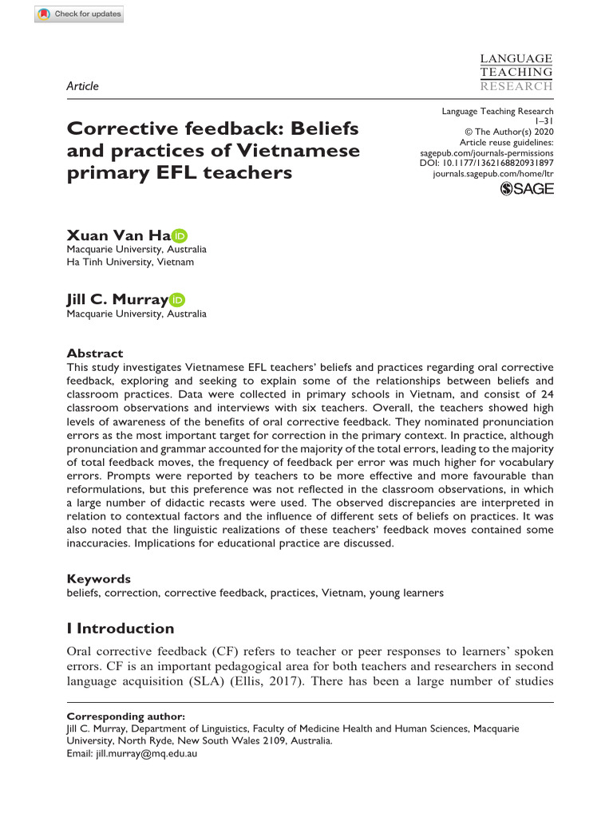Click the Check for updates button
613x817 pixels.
[x=80, y=14]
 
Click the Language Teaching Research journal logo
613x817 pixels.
[x=516, y=72]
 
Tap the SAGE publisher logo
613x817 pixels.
[x=526, y=188]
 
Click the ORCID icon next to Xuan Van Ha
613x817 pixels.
[x=180, y=235]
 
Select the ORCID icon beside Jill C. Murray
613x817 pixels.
[x=176, y=300]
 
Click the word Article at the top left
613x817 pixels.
[x=82, y=86]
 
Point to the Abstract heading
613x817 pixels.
[x=94, y=353]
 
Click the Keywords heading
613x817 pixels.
[x=98, y=579]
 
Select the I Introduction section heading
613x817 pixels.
[x=120, y=629]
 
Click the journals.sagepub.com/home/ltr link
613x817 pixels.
[x=492, y=172]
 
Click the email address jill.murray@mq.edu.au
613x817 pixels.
[x=142, y=752]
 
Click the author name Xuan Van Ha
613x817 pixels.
[x=117, y=235]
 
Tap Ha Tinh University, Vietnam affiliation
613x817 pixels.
[x=129, y=262]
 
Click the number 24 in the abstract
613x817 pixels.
[x=544, y=394]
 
